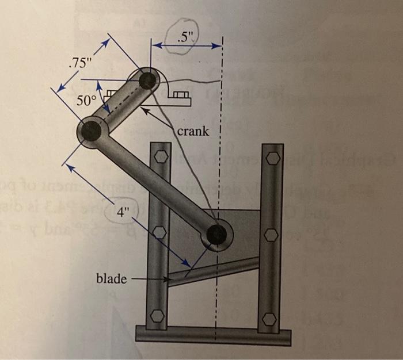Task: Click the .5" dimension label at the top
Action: [x=187, y=40]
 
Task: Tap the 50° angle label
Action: [x=87, y=101]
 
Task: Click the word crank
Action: [x=193, y=132]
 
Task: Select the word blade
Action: [x=111, y=279]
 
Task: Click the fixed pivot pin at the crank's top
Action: [x=147, y=80]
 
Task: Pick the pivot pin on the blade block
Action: [x=216, y=235]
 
